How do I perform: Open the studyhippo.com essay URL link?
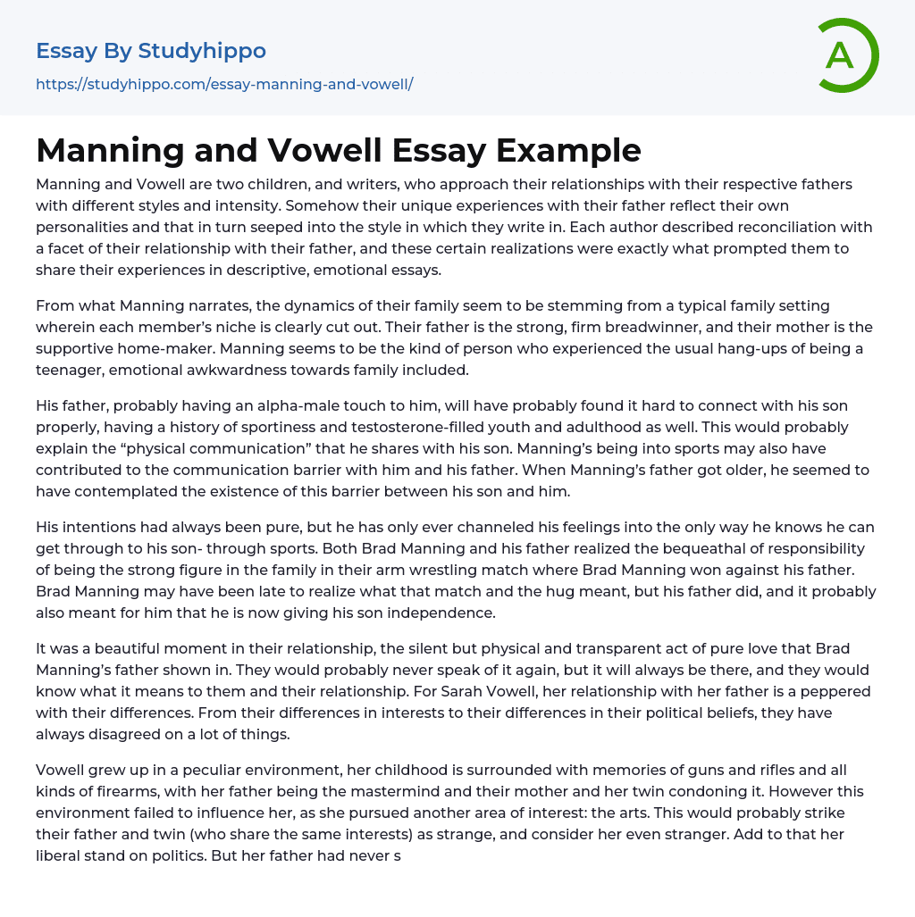(x=224, y=84)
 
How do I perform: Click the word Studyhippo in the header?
(x=202, y=51)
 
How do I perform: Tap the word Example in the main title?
(x=568, y=150)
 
